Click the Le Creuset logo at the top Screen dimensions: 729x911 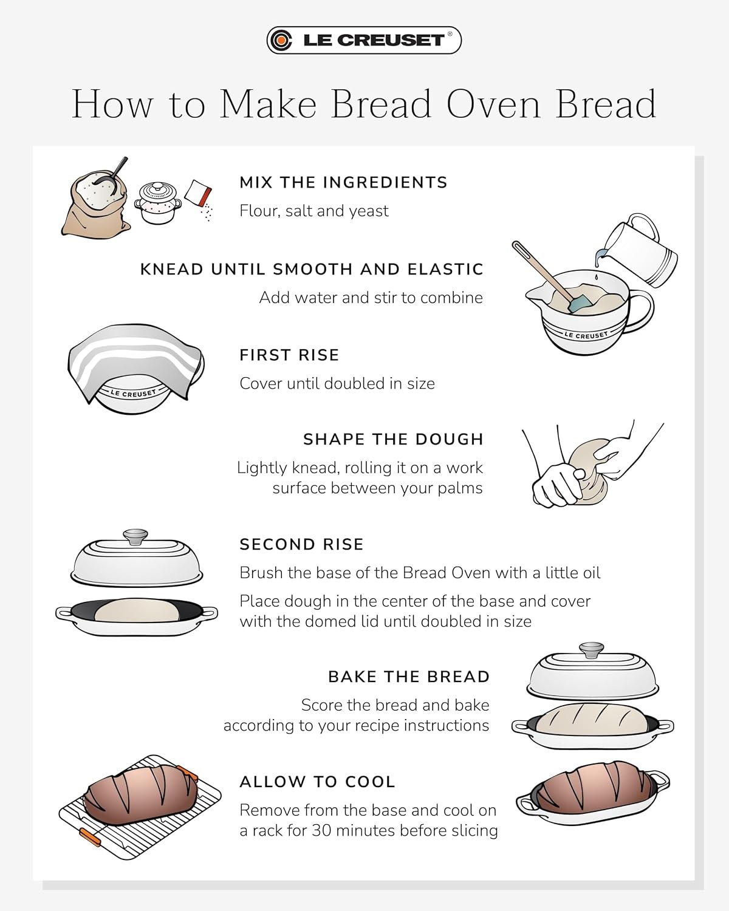364,40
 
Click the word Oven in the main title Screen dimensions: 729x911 493,104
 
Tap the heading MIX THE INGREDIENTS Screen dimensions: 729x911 343,182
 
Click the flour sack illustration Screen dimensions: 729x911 95,203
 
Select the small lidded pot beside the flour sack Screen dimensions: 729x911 157,203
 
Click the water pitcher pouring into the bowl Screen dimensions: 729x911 637,250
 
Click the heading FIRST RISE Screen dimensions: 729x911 289,355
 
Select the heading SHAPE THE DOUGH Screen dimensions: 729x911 394,440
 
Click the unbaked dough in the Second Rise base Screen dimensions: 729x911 137,610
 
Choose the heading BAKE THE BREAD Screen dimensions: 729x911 409,677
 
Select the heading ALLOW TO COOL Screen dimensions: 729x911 318,782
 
